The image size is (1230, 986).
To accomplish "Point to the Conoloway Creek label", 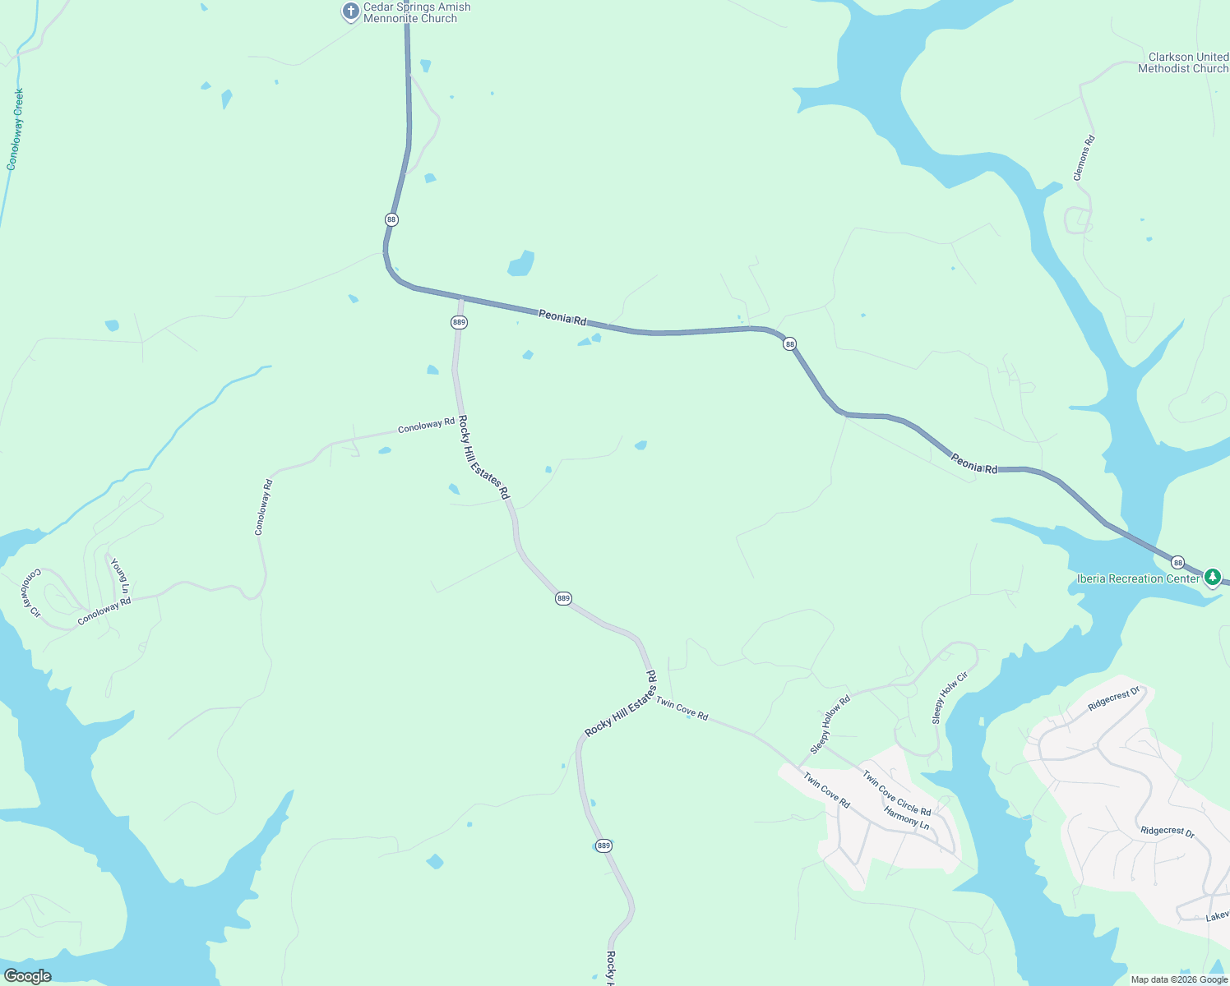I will coord(15,129).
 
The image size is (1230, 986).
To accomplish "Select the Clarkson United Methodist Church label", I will coord(1183,62).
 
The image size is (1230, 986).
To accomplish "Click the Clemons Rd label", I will coord(1084,158).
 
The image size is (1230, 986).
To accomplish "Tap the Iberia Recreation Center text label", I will coord(1138,578).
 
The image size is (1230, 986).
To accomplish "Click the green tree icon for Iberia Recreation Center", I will coord(1212,578).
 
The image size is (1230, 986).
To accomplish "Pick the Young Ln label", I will coord(120,576).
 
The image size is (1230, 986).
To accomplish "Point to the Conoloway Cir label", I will coord(30,592).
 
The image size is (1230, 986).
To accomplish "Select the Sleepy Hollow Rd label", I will coord(830,725).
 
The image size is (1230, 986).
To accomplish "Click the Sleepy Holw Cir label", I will coord(950,698).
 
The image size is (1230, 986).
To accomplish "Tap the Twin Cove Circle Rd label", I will coord(896,793).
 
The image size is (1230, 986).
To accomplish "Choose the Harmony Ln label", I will coord(906,818).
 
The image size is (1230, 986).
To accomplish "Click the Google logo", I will coord(27,976).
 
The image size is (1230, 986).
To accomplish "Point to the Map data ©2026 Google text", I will coord(1179,979).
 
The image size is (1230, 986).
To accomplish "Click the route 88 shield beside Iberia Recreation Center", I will coord(1178,563).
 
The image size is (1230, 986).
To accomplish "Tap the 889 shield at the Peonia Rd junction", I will coord(459,322).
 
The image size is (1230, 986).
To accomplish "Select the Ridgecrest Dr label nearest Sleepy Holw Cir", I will coord(1115,699).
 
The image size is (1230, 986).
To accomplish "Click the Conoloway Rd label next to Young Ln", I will coord(104,612).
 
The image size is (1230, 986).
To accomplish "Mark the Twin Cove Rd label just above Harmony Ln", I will coord(826,790).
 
